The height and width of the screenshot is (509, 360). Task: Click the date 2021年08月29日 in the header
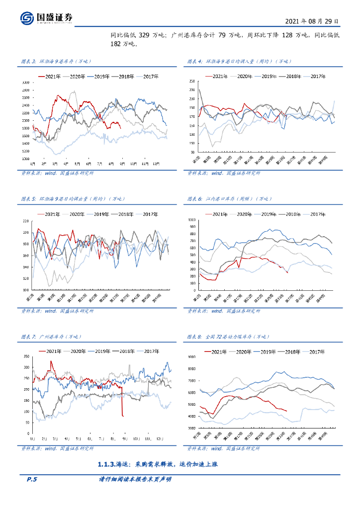point(313,22)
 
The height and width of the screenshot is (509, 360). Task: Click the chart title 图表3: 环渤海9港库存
point(54,61)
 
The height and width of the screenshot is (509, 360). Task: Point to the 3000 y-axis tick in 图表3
point(25,82)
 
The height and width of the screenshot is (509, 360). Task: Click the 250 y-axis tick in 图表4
point(190,81)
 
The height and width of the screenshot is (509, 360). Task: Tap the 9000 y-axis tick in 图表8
point(190,357)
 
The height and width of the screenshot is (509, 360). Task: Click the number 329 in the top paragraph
point(144,35)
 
